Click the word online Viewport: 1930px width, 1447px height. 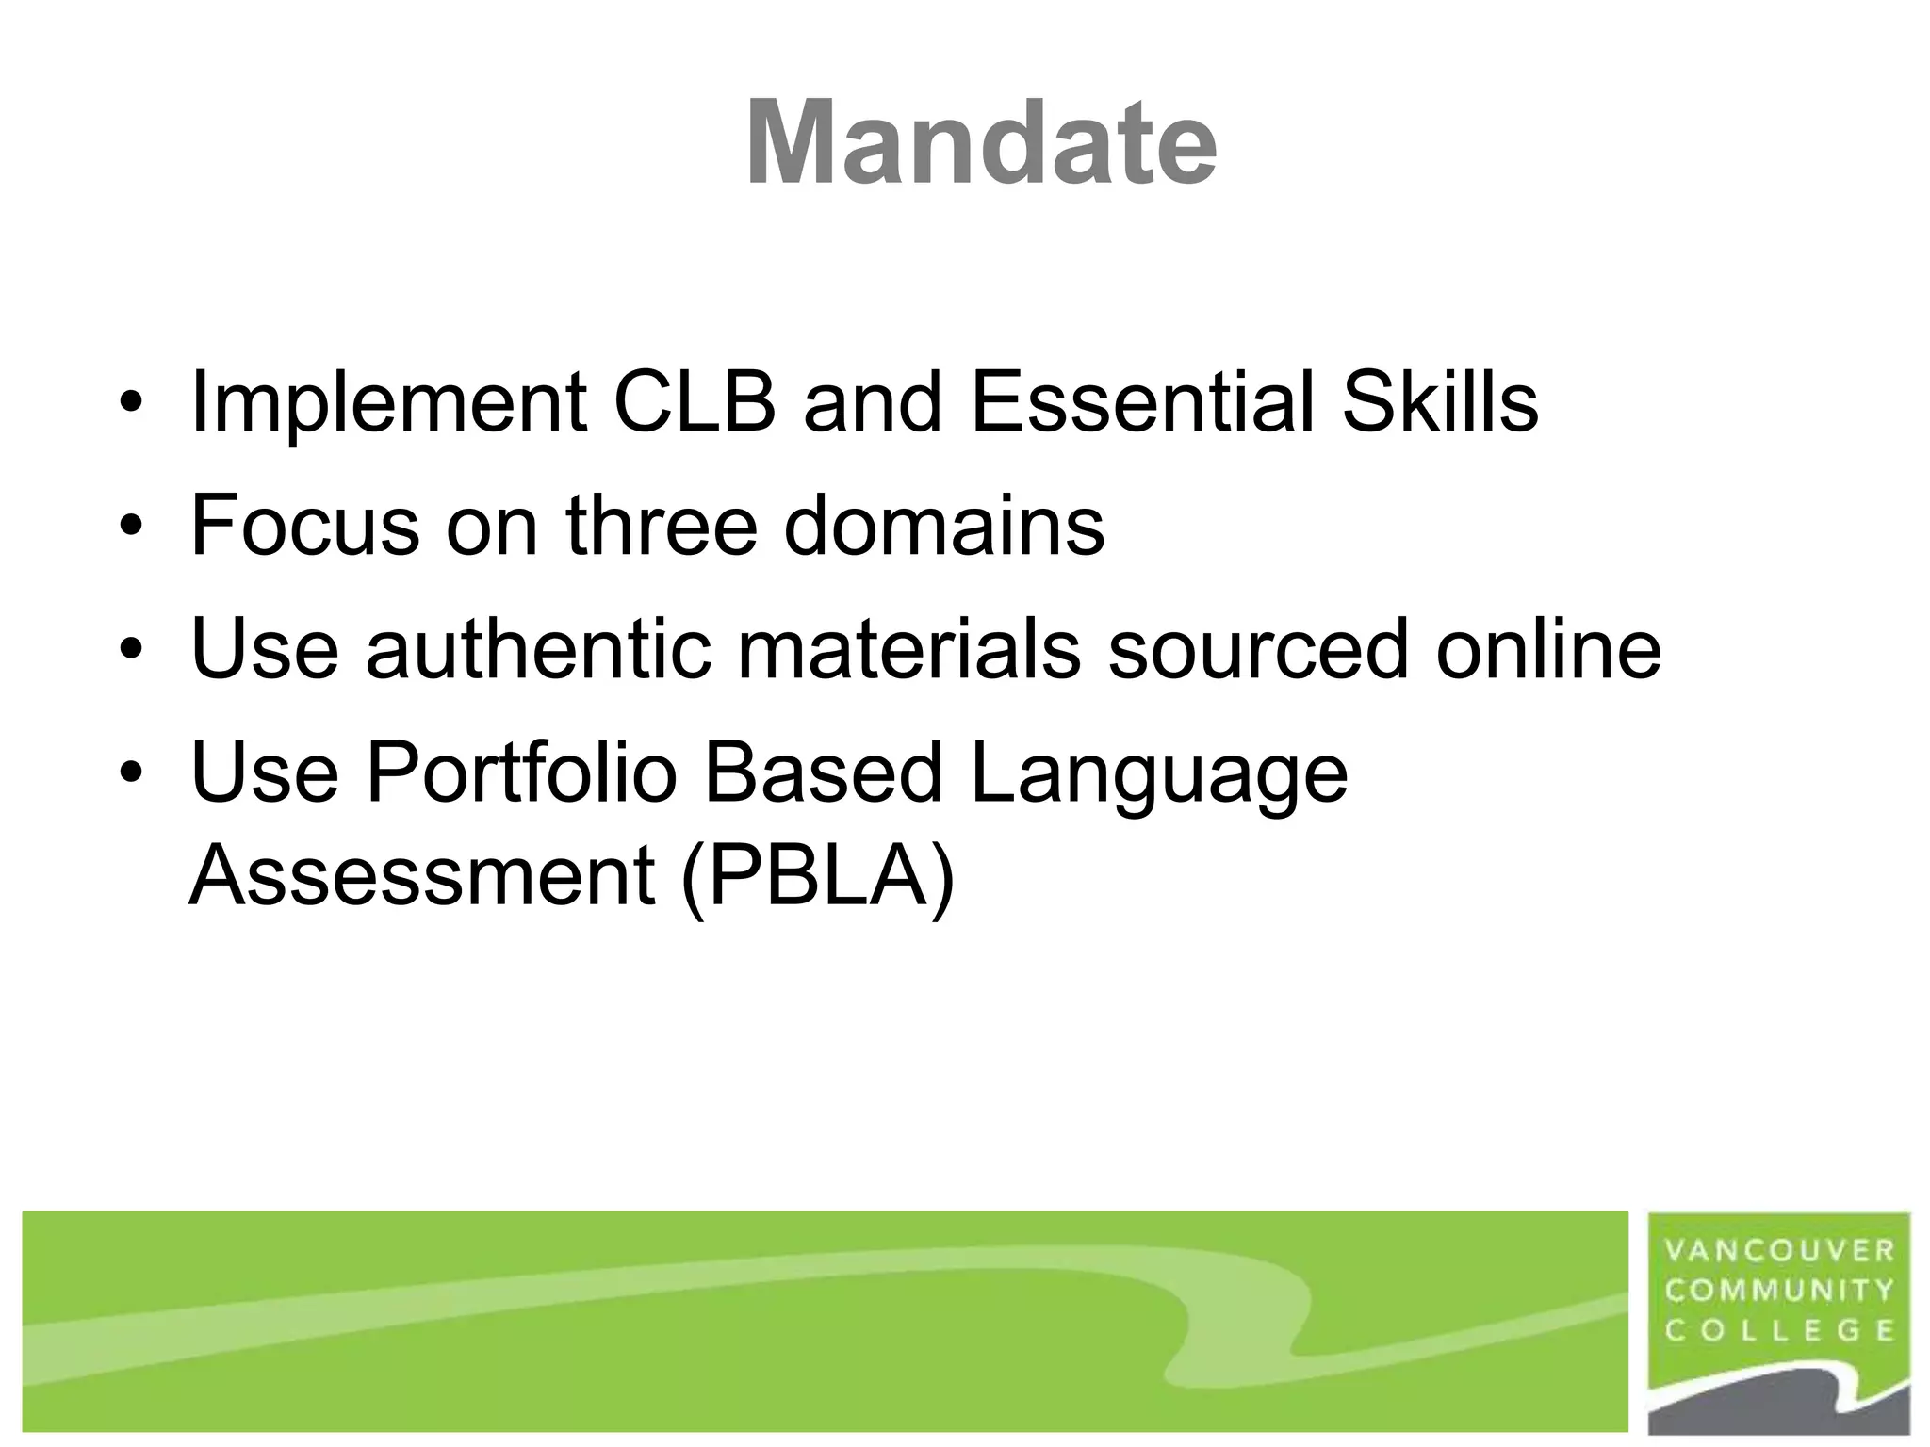pyautogui.click(x=1547, y=649)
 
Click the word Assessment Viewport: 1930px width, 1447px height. pyautogui.click(x=421, y=876)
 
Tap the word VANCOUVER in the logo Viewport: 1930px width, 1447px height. pyautogui.click(x=1779, y=1251)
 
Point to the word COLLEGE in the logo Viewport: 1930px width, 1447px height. pyautogui.click(x=1779, y=1330)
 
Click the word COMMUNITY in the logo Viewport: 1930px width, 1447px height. pyautogui.click(x=1779, y=1291)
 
